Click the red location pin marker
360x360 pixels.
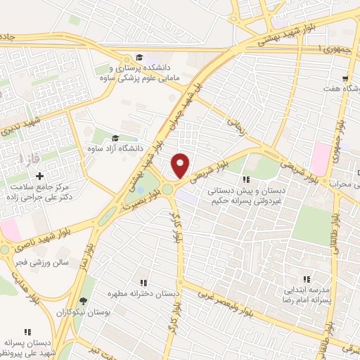point(181,165)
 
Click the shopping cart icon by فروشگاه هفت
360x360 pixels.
point(345,79)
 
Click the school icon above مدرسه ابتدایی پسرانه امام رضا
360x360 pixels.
point(306,278)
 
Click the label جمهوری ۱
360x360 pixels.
point(333,49)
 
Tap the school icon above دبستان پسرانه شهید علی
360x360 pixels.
point(28,332)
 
